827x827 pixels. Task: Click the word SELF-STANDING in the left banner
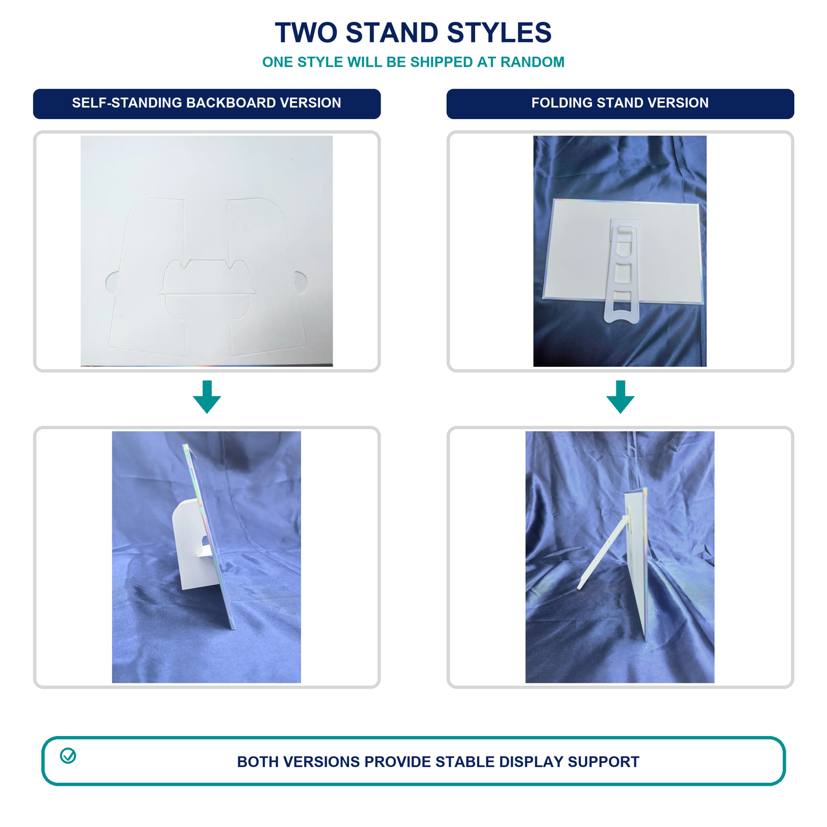pos(127,103)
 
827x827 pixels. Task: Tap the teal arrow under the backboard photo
pos(207,397)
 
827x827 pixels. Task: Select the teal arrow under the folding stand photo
pos(620,397)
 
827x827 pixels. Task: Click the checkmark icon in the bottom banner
pos(68,756)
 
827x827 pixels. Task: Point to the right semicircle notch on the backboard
pos(301,282)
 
